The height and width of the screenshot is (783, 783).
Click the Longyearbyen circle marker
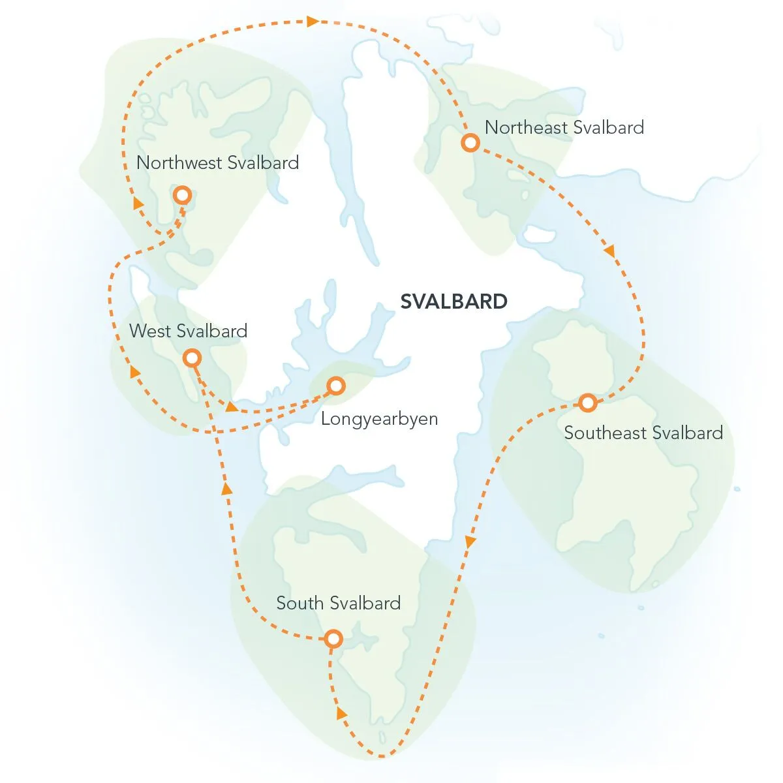(335, 386)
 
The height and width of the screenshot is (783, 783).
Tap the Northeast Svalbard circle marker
(470, 142)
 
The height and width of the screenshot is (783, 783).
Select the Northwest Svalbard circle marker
(182, 194)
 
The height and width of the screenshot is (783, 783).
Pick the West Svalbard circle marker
(192, 358)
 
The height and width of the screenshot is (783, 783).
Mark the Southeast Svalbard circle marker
(588, 403)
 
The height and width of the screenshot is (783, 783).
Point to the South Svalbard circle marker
(333, 639)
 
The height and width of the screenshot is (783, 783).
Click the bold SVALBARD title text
(453, 301)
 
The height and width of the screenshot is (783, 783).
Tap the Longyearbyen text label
(379, 418)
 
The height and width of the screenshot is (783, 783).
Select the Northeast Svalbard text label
(564, 127)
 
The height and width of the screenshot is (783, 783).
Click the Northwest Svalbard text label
(217, 162)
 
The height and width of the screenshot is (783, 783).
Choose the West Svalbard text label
(188, 331)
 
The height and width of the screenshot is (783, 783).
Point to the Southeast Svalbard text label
(643, 433)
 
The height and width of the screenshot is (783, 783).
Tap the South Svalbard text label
(338, 603)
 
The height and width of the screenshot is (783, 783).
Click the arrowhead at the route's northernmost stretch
(313, 22)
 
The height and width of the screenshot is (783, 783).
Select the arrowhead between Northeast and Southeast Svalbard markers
(610, 251)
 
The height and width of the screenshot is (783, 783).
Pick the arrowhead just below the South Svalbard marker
(341, 713)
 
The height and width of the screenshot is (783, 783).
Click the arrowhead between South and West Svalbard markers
(226, 489)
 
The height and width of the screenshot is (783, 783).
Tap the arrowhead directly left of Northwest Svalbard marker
(138, 203)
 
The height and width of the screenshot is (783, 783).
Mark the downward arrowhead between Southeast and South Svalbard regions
(469, 542)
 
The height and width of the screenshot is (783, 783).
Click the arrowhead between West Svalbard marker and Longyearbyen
(231, 407)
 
